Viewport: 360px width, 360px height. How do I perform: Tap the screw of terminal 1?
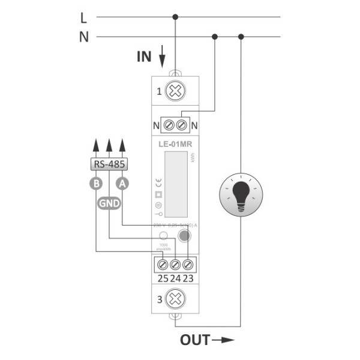[x=175, y=91]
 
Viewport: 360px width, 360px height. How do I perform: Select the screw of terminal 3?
[x=175, y=298]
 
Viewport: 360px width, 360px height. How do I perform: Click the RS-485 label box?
[x=109, y=164]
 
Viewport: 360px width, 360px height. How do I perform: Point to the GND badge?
[x=109, y=203]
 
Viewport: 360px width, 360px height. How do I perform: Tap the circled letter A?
[x=122, y=184]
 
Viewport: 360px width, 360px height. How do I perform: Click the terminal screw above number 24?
[x=175, y=264]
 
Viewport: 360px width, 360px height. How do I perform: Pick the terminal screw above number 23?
[x=188, y=264]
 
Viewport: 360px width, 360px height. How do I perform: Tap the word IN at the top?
[x=144, y=58]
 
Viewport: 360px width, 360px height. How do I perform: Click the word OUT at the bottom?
[x=195, y=341]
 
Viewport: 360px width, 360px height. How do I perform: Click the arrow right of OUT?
[x=223, y=341]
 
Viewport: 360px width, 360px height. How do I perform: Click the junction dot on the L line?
[x=175, y=17]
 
